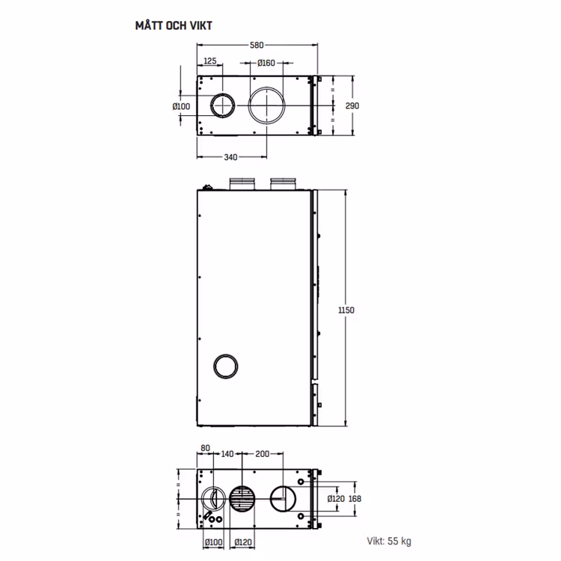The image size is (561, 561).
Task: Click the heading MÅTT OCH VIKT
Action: click(174, 25)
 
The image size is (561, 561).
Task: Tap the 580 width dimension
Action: click(257, 45)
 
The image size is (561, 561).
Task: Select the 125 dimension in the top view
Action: click(210, 61)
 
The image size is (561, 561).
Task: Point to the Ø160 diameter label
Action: click(266, 63)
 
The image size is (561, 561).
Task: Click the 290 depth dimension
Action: click(352, 106)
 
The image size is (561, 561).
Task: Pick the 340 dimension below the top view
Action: click(230, 157)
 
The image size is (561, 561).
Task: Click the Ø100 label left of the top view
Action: click(181, 106)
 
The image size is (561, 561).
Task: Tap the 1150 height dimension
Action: click(346, 310)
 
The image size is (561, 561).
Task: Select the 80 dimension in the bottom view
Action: click(206, 448)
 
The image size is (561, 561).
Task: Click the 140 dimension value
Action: click(227, 454)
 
